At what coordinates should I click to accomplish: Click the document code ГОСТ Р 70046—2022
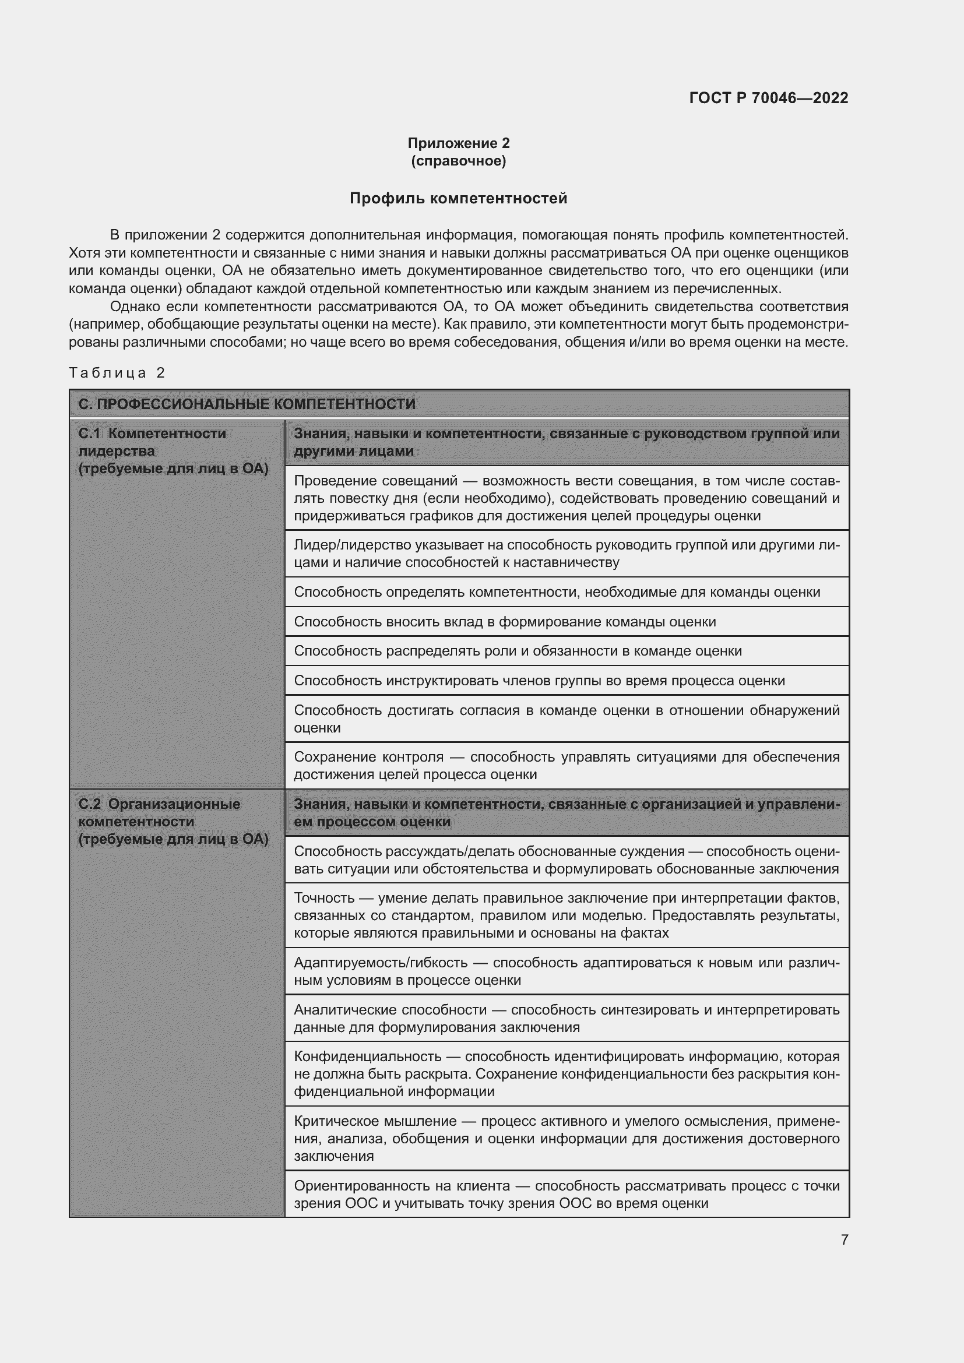768,98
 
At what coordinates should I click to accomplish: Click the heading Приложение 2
458,143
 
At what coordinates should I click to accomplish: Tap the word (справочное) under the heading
458,161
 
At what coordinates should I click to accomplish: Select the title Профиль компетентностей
458,198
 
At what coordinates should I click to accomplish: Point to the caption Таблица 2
117,373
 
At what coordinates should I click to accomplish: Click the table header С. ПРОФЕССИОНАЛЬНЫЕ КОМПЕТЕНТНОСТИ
247,404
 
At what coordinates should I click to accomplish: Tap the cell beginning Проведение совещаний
567,498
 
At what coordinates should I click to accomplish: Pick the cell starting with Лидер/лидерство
567,553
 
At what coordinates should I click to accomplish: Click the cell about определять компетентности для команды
557,592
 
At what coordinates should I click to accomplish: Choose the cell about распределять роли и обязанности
518,651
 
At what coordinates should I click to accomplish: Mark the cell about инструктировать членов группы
539,680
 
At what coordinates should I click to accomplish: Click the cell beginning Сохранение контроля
567,765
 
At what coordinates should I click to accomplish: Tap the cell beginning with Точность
567,915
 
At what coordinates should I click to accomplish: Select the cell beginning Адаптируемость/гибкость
567,971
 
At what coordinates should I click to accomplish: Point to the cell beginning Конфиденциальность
567,1073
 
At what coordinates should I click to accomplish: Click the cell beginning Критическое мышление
567,1138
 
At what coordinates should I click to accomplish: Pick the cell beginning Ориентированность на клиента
567,1194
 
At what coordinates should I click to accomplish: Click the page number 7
844,1239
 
